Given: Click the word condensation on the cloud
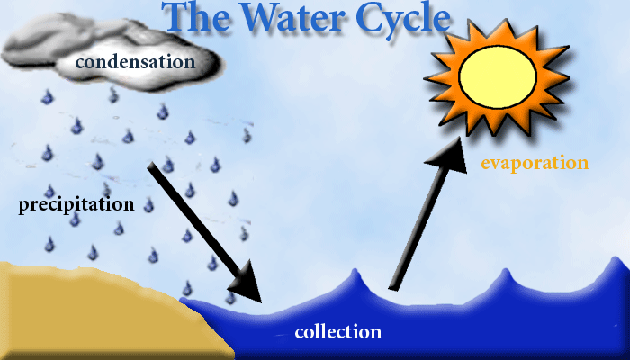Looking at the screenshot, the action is [x=135, y=62].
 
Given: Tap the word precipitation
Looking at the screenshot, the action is [x=76, y=205].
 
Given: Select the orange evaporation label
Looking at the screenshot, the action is [x=535, y=164].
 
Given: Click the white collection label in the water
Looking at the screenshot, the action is [x=338, y=332].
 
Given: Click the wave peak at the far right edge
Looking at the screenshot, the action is [x=620, y=263].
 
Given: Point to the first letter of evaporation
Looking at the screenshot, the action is [x=487, y=165].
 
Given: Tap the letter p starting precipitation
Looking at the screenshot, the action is [x=24, y=207].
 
